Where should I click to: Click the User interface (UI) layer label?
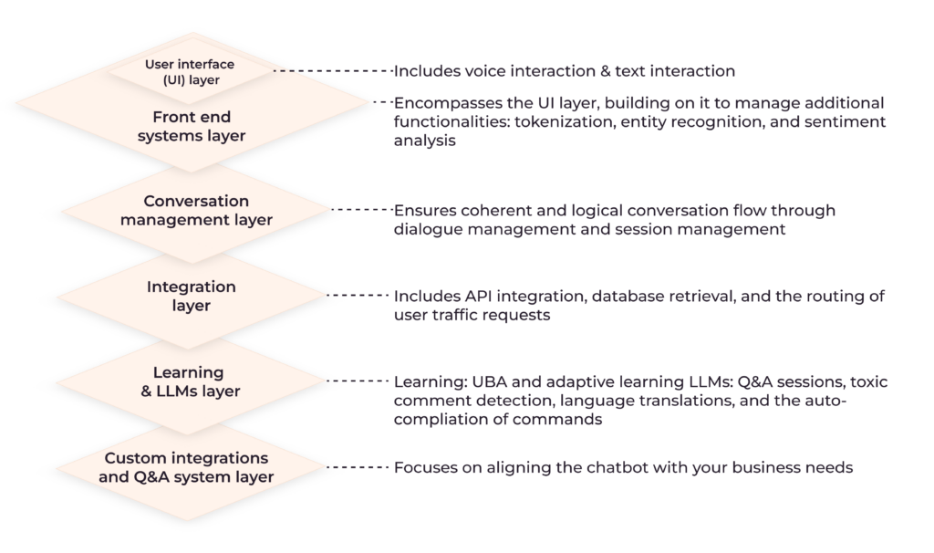click(189, 71)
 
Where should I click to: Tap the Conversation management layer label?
click(196, 210)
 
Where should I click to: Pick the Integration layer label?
click(191, 295)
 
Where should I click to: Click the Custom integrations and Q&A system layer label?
click(187, 467)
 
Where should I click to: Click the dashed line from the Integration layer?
click(357, 296)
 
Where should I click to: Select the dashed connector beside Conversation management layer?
click(359, 210)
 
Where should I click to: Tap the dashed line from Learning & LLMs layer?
click(357, 381)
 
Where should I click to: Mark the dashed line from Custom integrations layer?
click(357, 467)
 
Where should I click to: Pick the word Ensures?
click(424, 211)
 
